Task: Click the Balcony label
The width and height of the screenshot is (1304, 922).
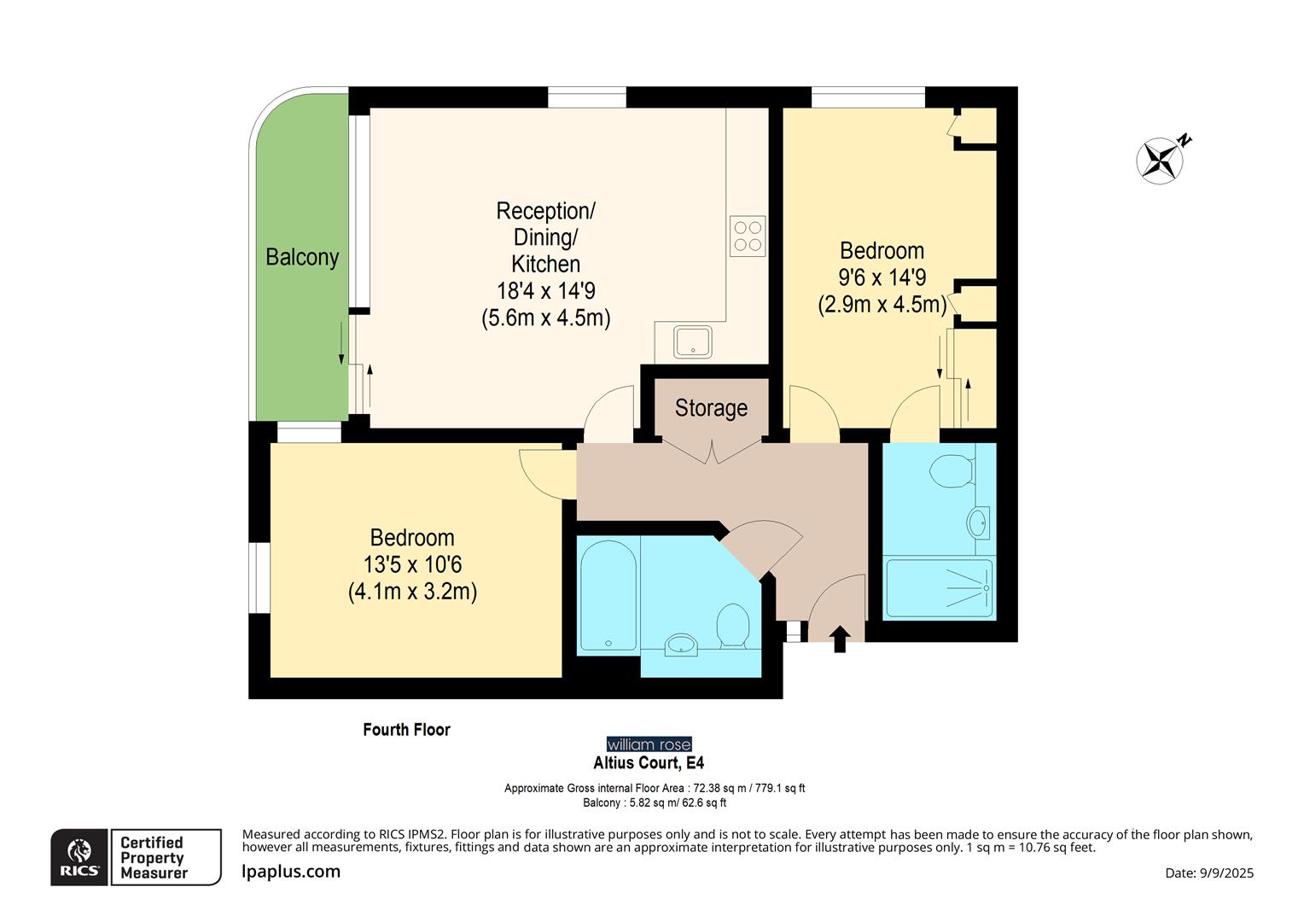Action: click(x=302, y=257)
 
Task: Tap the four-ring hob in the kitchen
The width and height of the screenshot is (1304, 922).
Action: click(x=748, y=236)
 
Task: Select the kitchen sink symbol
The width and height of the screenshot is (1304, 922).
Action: click(x=692, y=342)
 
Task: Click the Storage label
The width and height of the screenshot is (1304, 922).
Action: click(x=711, y=408)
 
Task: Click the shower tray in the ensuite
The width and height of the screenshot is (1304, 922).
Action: click(x=940, y=588)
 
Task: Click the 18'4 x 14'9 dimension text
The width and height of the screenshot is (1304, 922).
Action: click(x=546, y=291)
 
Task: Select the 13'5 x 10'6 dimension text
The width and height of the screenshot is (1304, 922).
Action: click(x=412, y=564)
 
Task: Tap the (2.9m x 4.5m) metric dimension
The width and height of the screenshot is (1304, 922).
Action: click(x=882, y=304)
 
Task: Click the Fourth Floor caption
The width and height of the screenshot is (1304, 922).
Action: click(x=406, y=729)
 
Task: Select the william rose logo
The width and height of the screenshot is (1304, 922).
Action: click(x=649, y=744)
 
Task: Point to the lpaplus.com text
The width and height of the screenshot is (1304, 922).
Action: click(x=291, y=872)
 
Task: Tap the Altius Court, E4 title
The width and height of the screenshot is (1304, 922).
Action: click(x=649, y=762)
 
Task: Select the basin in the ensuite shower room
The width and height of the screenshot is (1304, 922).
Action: click(x=978, y=522)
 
